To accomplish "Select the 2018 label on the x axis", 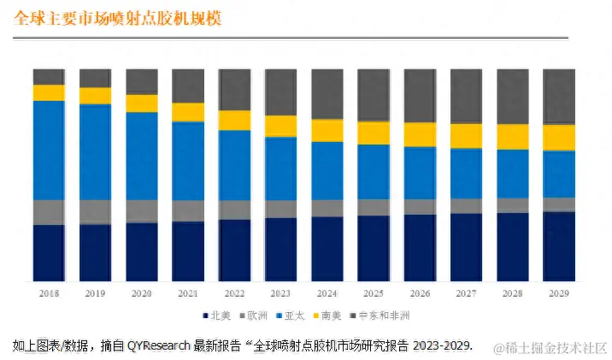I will point(49,292).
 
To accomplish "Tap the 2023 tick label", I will point(280,292).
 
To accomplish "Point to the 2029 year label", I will point(559,292).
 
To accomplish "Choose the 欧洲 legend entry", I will point(255,316).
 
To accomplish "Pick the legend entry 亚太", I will point(292,316).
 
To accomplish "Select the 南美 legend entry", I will point(330,316).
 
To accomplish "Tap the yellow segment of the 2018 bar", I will point(49,92).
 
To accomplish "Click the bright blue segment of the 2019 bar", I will point(95,152).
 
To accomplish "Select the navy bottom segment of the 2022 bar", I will point(234,250).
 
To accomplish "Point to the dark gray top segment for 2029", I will point(559,97).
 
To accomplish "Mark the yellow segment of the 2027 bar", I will point(466,136).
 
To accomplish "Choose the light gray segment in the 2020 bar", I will point(142,210).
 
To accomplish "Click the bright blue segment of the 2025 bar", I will point(374,171).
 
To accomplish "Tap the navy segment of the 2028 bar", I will point(513,246).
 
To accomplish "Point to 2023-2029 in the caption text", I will point(443,345).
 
